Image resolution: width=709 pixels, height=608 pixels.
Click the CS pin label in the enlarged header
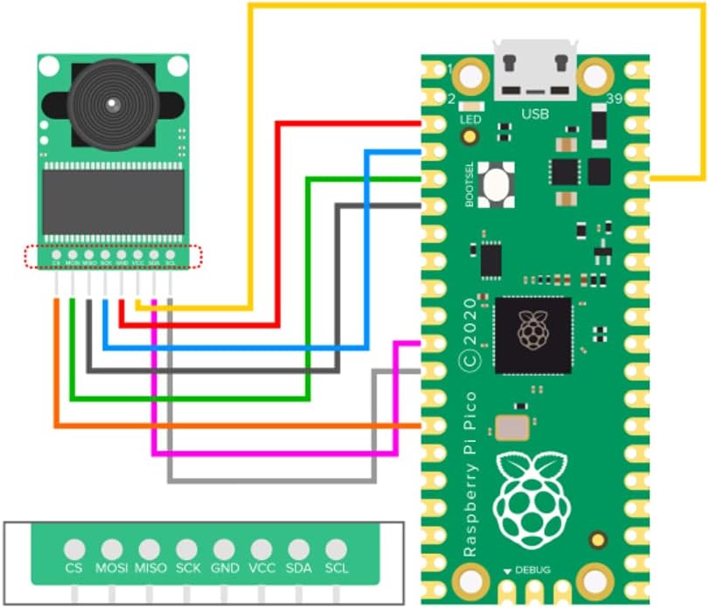pos(74,568)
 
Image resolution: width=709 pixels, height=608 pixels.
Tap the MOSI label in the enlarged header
pos(111,568)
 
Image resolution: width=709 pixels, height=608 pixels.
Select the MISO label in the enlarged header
pos(149,568)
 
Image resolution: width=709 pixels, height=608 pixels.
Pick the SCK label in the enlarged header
pos(187,568)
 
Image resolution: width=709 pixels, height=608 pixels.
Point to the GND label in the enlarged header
pos(225,568)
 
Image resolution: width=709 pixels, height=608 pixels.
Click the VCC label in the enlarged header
pos(261,568)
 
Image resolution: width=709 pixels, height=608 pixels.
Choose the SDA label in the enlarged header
pos(299,568)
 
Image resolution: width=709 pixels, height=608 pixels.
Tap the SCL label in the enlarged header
pos(337,568)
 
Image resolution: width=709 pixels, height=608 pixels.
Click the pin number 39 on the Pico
pos(613,100)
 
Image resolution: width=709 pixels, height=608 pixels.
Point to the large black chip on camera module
pos(114,203)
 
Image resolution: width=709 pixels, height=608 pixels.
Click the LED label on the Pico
pos(469,119)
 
